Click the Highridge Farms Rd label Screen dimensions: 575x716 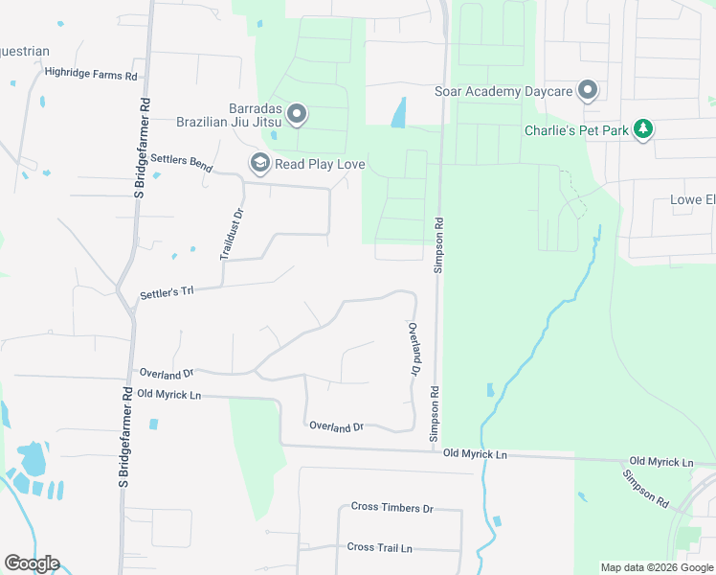pos(92,73)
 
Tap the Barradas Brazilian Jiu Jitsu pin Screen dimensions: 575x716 pos(297,115)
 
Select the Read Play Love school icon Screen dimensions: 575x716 pos(259,164)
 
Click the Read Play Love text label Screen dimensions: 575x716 pos(320,165)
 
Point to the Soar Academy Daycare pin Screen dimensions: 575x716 pos(588,91)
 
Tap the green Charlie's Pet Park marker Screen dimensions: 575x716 pos(644,129)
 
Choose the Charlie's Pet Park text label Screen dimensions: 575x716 pos(577,130)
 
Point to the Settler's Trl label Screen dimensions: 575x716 pos(167,290)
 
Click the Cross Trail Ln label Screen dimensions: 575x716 pos(379,547)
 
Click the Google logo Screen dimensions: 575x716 pos(32,563)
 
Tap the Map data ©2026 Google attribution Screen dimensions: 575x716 pos(658,567)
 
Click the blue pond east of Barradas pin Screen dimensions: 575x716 pos(398,112)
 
